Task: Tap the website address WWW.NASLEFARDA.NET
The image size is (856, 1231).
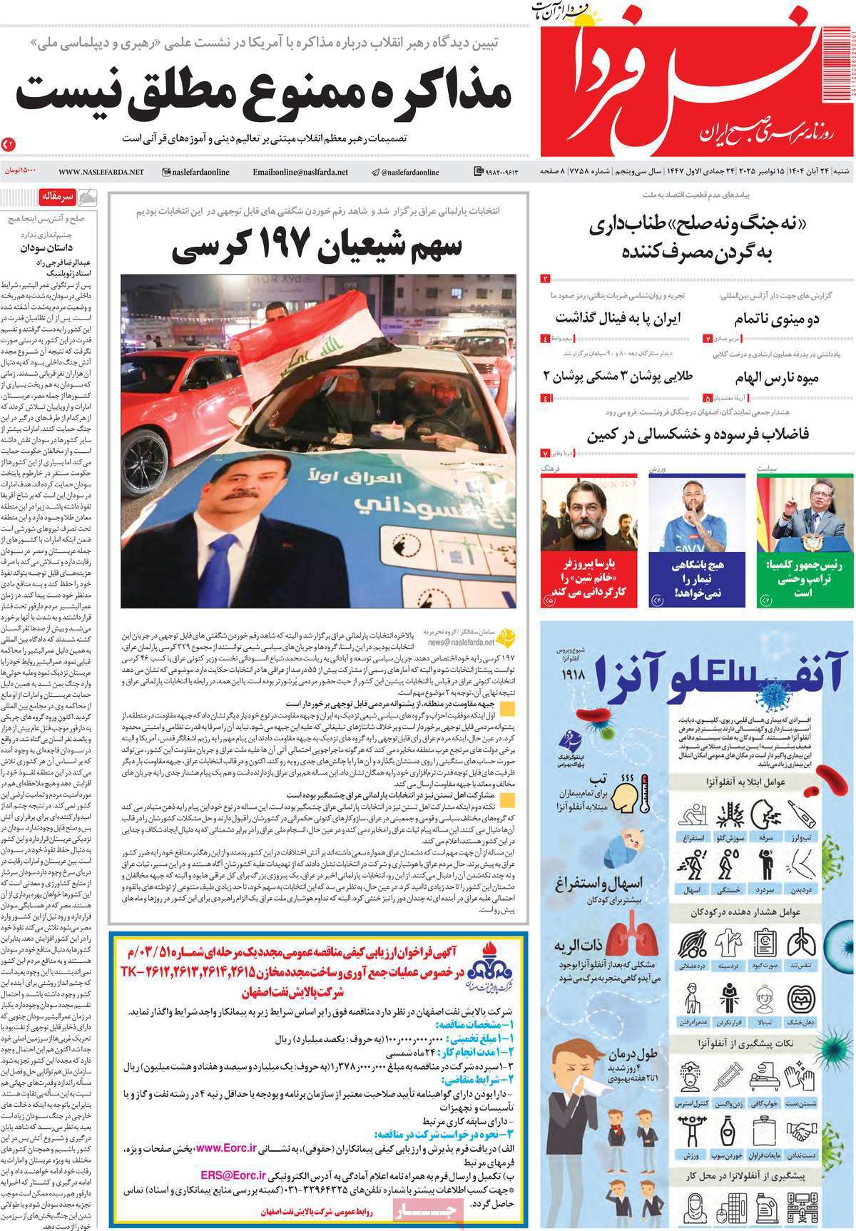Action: tap(101, 172)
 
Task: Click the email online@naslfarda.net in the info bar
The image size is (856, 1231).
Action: tap(300, 172)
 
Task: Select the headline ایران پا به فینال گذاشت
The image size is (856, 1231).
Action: tap(618, 317)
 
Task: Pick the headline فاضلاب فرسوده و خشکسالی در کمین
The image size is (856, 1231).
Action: tap(698, 434)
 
